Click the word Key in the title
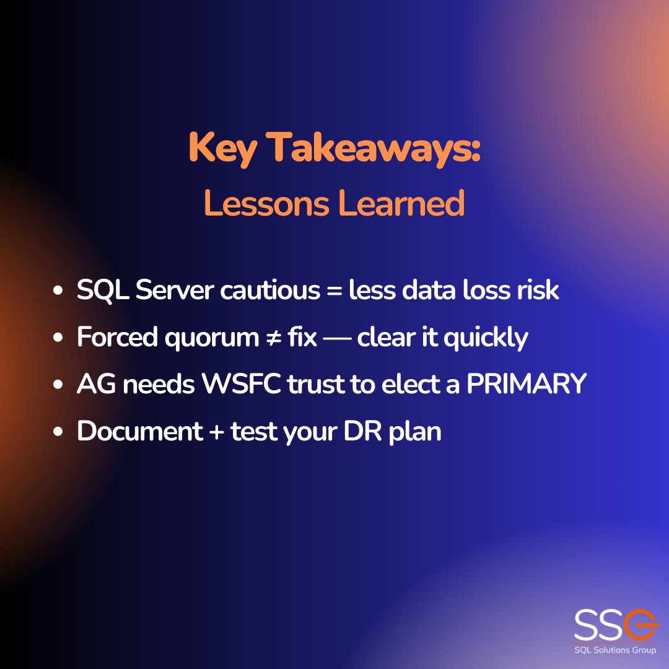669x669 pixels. (x=222, y=149)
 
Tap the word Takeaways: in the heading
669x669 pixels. (x=375, y=149)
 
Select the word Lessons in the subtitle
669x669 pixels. (x=266, y=204)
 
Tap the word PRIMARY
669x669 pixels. (x=526, y=385)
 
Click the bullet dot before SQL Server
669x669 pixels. (x=58, y=291)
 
